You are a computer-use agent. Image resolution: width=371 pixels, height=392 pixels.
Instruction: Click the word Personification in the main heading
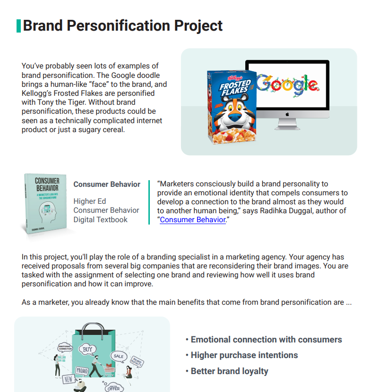(113, 25)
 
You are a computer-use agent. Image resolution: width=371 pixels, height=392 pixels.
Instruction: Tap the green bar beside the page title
(18, 25)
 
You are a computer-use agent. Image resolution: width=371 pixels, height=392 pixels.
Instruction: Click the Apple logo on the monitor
(287, 114)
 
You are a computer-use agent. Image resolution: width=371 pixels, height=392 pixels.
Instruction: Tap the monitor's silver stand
(287, 124)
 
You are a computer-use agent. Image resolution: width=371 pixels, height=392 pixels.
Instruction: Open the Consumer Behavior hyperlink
(192, 219)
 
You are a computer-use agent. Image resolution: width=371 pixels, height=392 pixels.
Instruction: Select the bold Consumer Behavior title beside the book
(107, 184)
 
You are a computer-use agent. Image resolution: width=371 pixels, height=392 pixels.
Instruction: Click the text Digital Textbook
(100, 219)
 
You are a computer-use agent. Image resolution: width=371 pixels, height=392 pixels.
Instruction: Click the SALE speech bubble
(118, 356)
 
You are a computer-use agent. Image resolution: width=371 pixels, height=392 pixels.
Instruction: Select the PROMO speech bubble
(82, 370)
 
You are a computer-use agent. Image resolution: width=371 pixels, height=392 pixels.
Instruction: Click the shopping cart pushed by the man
(108, 371)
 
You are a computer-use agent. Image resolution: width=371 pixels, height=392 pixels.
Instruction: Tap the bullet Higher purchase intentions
(244, 355)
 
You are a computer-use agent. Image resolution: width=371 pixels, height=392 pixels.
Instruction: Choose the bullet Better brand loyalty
(229, 371)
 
